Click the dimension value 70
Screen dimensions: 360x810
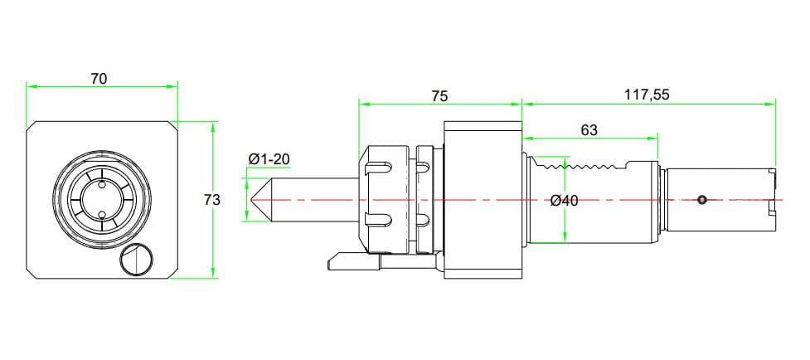pos(99,79)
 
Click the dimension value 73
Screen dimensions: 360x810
pos(212,200)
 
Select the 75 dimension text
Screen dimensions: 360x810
pos(439,96)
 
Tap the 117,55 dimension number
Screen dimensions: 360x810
pos(647,95)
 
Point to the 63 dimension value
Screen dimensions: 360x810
pos(589,130)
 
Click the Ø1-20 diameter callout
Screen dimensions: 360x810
pos(269,159)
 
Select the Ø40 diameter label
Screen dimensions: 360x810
pos(564,201)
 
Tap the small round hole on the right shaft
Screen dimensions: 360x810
pos(702,199)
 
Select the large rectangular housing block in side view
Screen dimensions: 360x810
pos(483,199)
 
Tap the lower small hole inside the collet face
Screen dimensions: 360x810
pos(102,215)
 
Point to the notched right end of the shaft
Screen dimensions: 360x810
pos(772,199)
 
